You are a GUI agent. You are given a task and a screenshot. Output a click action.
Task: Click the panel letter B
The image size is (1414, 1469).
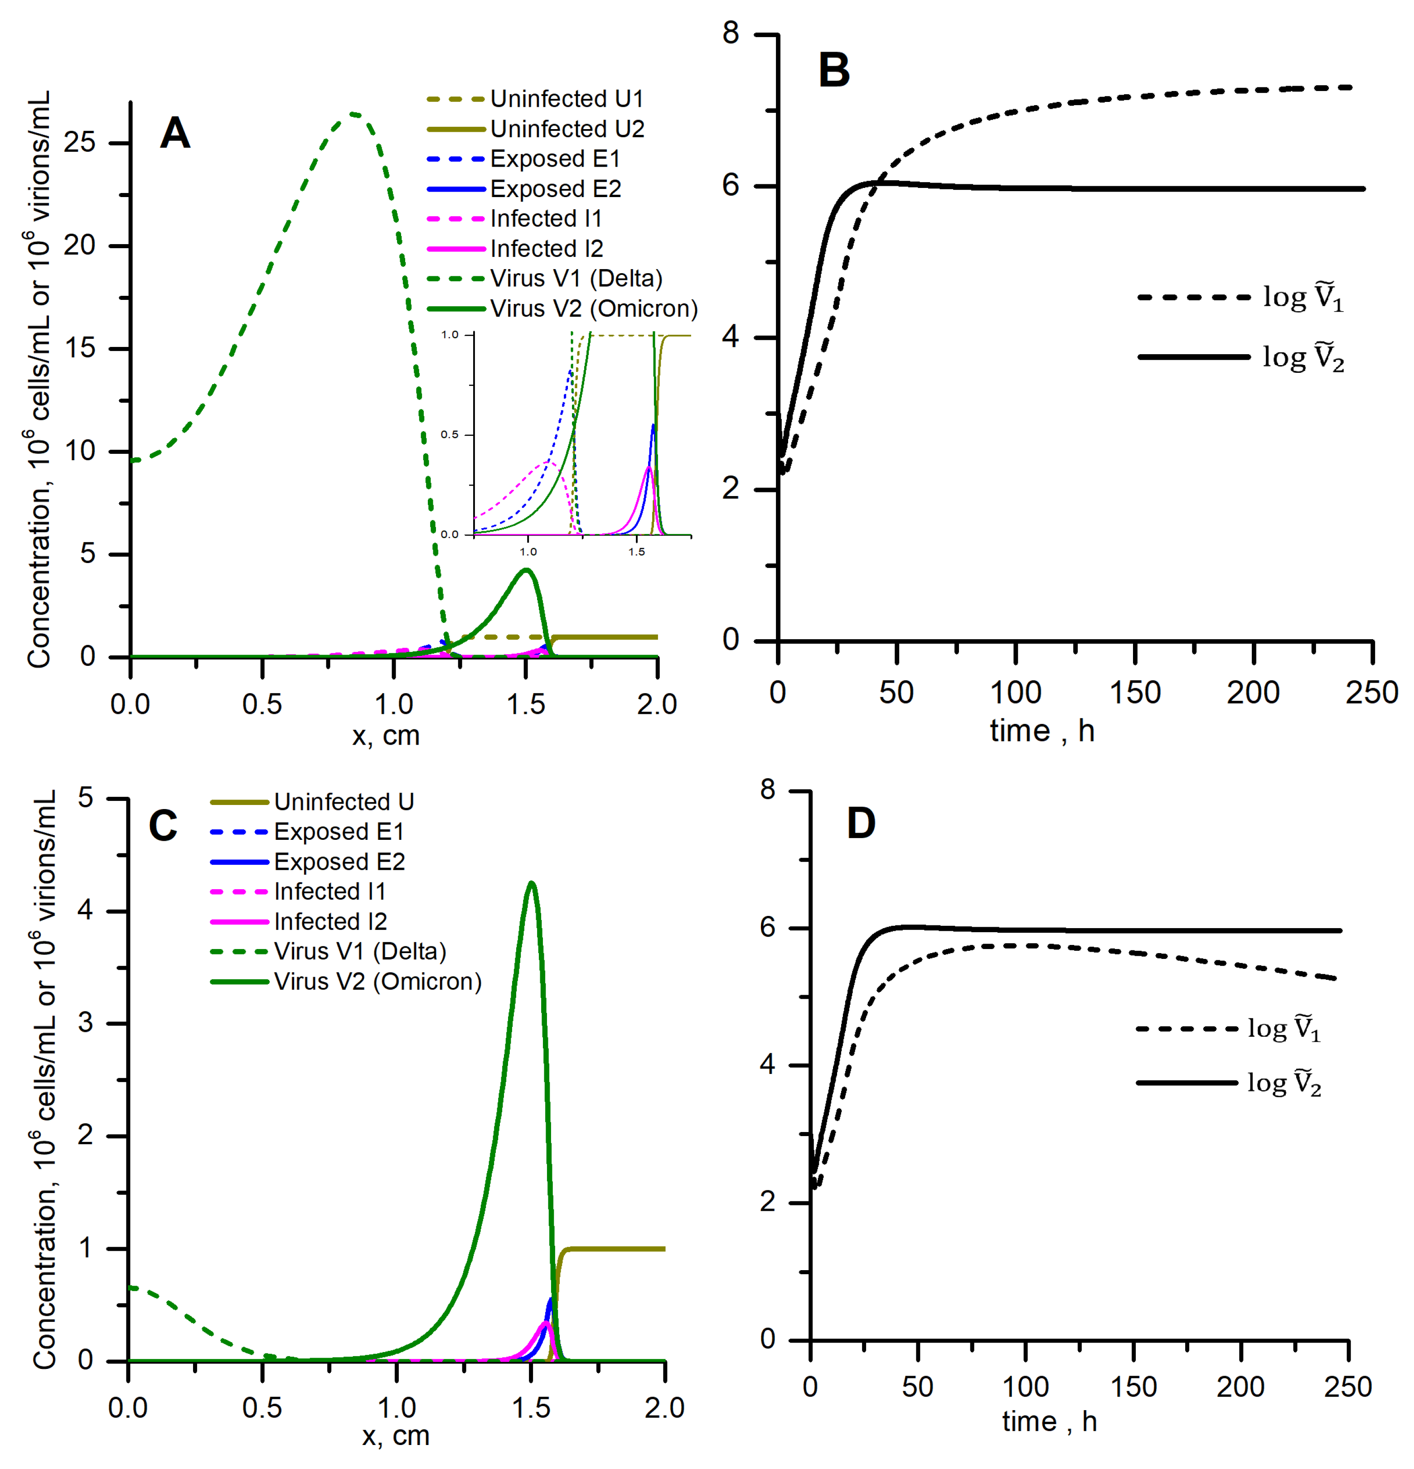[834, 71]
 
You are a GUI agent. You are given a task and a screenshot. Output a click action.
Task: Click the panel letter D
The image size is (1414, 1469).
[861, 823]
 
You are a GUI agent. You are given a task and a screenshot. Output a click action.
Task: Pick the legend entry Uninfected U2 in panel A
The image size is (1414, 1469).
[567, 129]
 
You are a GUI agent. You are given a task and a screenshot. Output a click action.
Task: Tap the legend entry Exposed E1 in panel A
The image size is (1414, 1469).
[555, 159]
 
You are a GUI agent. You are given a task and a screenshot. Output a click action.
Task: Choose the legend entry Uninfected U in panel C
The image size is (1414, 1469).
[344, 802]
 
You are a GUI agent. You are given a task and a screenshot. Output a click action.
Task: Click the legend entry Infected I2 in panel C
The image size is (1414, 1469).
[330, 921]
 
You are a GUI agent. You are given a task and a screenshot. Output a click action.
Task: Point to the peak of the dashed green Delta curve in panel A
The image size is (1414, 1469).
[353, 114]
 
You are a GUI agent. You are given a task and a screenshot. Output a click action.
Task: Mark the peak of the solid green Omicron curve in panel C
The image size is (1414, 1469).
[532, 883]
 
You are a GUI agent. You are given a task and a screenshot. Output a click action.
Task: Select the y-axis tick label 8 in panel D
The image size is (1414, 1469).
[767, 790]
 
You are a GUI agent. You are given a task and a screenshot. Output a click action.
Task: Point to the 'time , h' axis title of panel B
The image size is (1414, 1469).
[1042, 731]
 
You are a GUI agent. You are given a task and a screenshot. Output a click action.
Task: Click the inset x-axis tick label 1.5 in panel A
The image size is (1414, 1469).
[636, 552]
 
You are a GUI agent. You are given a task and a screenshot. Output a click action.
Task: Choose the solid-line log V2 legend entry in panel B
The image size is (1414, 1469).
[1303, 357]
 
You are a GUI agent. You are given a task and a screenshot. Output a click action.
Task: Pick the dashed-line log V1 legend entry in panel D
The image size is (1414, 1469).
[1283, 1028]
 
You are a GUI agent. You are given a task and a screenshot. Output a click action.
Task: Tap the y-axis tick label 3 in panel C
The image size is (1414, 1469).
[86, 1023]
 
